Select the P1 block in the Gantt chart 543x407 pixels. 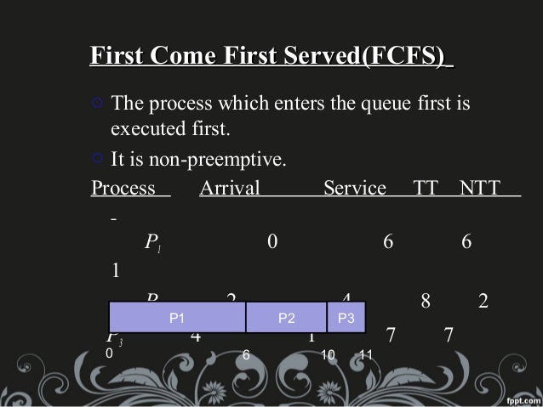tap(177, 318)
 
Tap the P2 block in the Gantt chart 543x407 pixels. tap(286, 318)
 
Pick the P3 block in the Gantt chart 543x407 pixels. tap(346, 318)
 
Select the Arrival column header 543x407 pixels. tap(229, 188)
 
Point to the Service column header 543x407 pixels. tap(355, 188)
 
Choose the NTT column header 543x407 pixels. tap(481, 188)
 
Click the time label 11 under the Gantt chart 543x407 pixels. tap(367, 353)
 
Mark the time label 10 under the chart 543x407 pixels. tap(329, 353)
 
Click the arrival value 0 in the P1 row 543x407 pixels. tap(271, 242)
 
